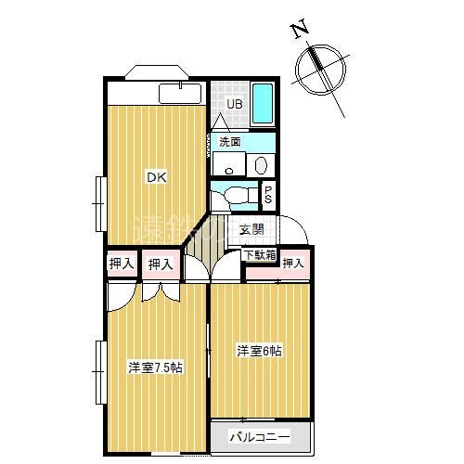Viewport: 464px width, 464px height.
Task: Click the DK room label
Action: (154, 175)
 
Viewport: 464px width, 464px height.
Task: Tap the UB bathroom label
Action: (235, 104)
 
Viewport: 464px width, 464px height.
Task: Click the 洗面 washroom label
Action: (230, 142)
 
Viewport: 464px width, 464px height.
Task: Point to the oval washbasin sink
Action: (261, 165)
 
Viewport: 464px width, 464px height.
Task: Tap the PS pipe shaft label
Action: (267, 197)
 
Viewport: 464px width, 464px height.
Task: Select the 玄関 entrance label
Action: (251, 229)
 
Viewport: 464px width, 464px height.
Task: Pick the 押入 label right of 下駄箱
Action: (293, 264)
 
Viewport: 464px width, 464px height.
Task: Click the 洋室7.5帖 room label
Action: (154, 367)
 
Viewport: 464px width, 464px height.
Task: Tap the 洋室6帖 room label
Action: (259, 351)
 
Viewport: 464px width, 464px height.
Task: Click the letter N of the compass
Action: (300, 30)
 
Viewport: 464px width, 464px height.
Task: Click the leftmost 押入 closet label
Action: (121, 264)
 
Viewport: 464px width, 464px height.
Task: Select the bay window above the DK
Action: (152, 71)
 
